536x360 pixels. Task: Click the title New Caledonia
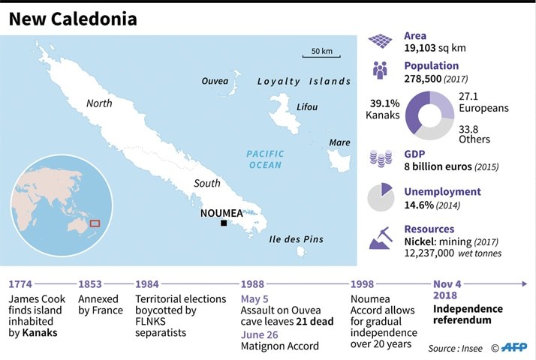click(x=73, y=19)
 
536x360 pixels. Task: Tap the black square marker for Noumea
click(x=223, y=223)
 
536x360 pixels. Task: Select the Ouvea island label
click(x=215, y=80)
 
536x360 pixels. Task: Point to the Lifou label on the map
click(x=307, y=107)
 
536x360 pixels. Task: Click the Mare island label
click(x=339, y=142)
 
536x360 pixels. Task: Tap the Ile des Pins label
click(x=296, y=239)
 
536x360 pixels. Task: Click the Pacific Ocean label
click(x=265, y=159)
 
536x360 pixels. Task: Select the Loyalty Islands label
click(x=304, y=81)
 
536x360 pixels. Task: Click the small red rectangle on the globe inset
click(x=95, y=222)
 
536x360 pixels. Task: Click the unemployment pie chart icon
click(x=381, y=197)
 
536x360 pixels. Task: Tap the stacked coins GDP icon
click(x=381, y=159)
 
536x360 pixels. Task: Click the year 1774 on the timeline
click(x=22, y=284)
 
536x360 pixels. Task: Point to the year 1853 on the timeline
click(x=91, y=284)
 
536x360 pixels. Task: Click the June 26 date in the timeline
click(x=260, y=334)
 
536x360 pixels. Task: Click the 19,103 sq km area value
click(x=435, y=47)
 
